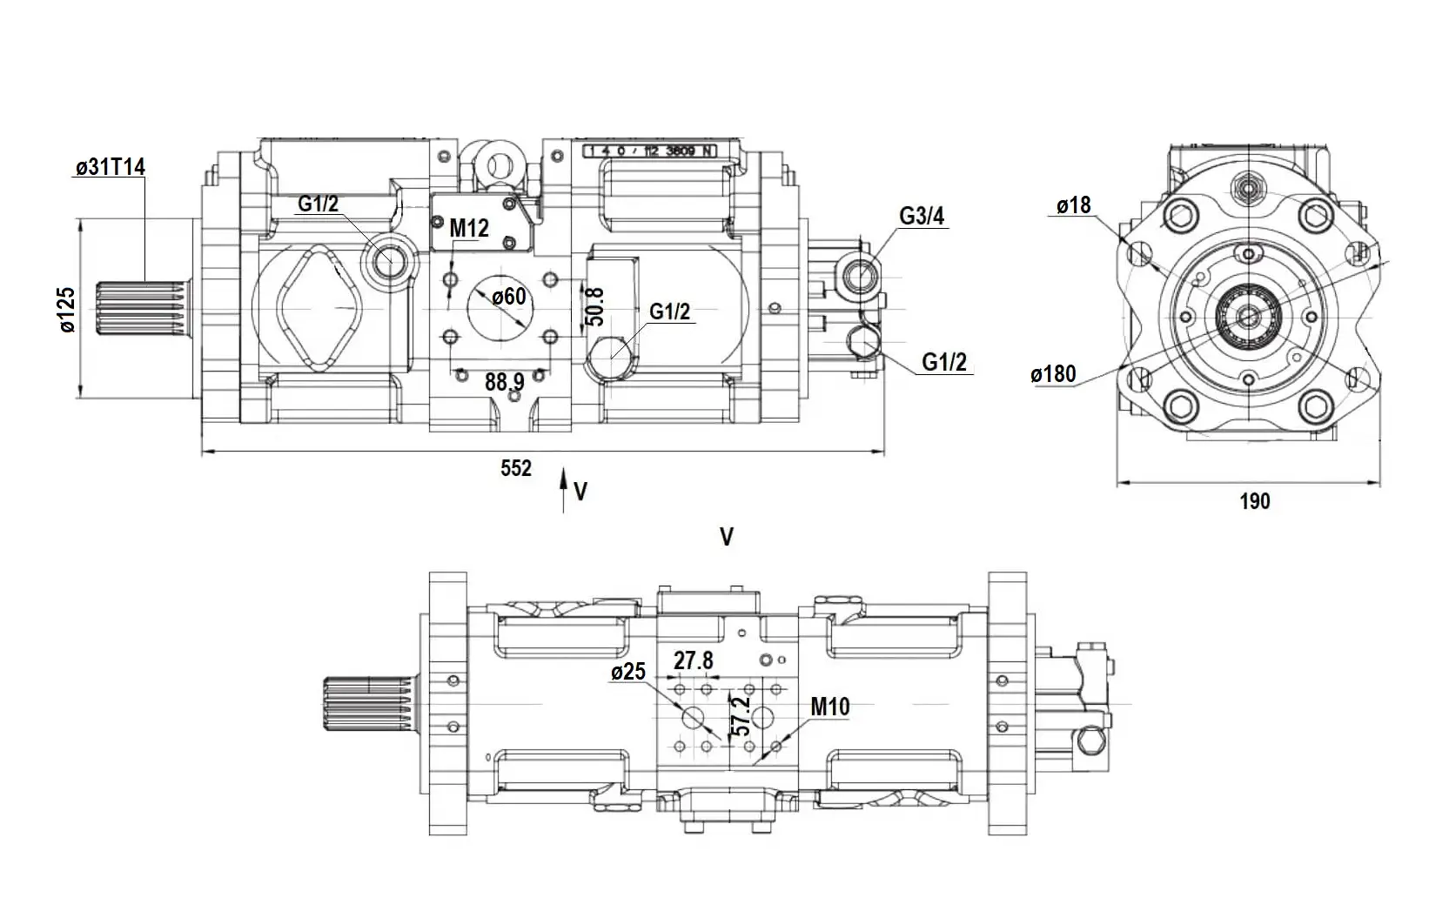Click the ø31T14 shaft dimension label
[x=110, y=167]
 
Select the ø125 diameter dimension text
[x=67, y=310]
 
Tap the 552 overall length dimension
[x=515, y=469]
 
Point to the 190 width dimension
[x=1254, y=501]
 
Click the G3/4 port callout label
[x=922, y=216]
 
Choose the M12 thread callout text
[x=469, y=229]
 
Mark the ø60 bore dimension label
[x=508, y=298]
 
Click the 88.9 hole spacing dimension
[x=505, y=381]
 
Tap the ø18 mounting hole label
[x=1073, y=205]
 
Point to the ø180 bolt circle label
[x=1053, y=374]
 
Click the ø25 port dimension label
[x=628, y=672]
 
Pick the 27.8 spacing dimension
[x=694, y=661]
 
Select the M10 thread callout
[x=829, y=707]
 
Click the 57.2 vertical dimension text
[x=742, y=715]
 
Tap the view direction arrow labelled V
[x=564, y=488]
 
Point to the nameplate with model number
[x=649, y=151]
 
